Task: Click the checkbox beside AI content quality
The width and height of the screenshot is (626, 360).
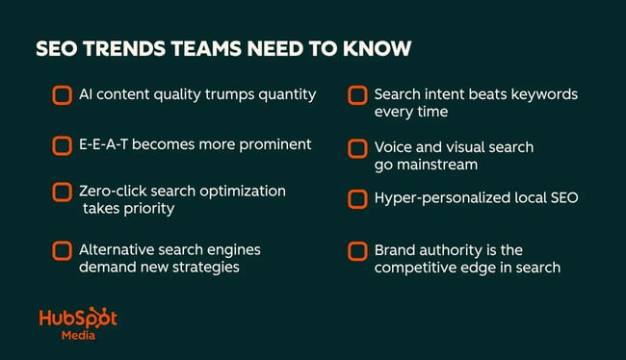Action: coord(62,94)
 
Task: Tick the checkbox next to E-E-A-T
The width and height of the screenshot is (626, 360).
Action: coord(62,144)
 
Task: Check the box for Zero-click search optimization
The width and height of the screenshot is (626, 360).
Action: coord(62,192)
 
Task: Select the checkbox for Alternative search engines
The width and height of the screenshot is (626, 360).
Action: coord(62,250)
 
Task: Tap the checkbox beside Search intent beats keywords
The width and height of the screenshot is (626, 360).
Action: coord(357,94)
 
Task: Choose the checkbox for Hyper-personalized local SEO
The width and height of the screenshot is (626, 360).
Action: coord(357,198)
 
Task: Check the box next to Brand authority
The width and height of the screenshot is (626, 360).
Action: coord(357,250)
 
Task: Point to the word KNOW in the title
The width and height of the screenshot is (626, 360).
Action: coord(352,49)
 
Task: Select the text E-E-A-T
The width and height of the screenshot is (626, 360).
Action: coord(105,144)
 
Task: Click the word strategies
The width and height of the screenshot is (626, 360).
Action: coord(206,267)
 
